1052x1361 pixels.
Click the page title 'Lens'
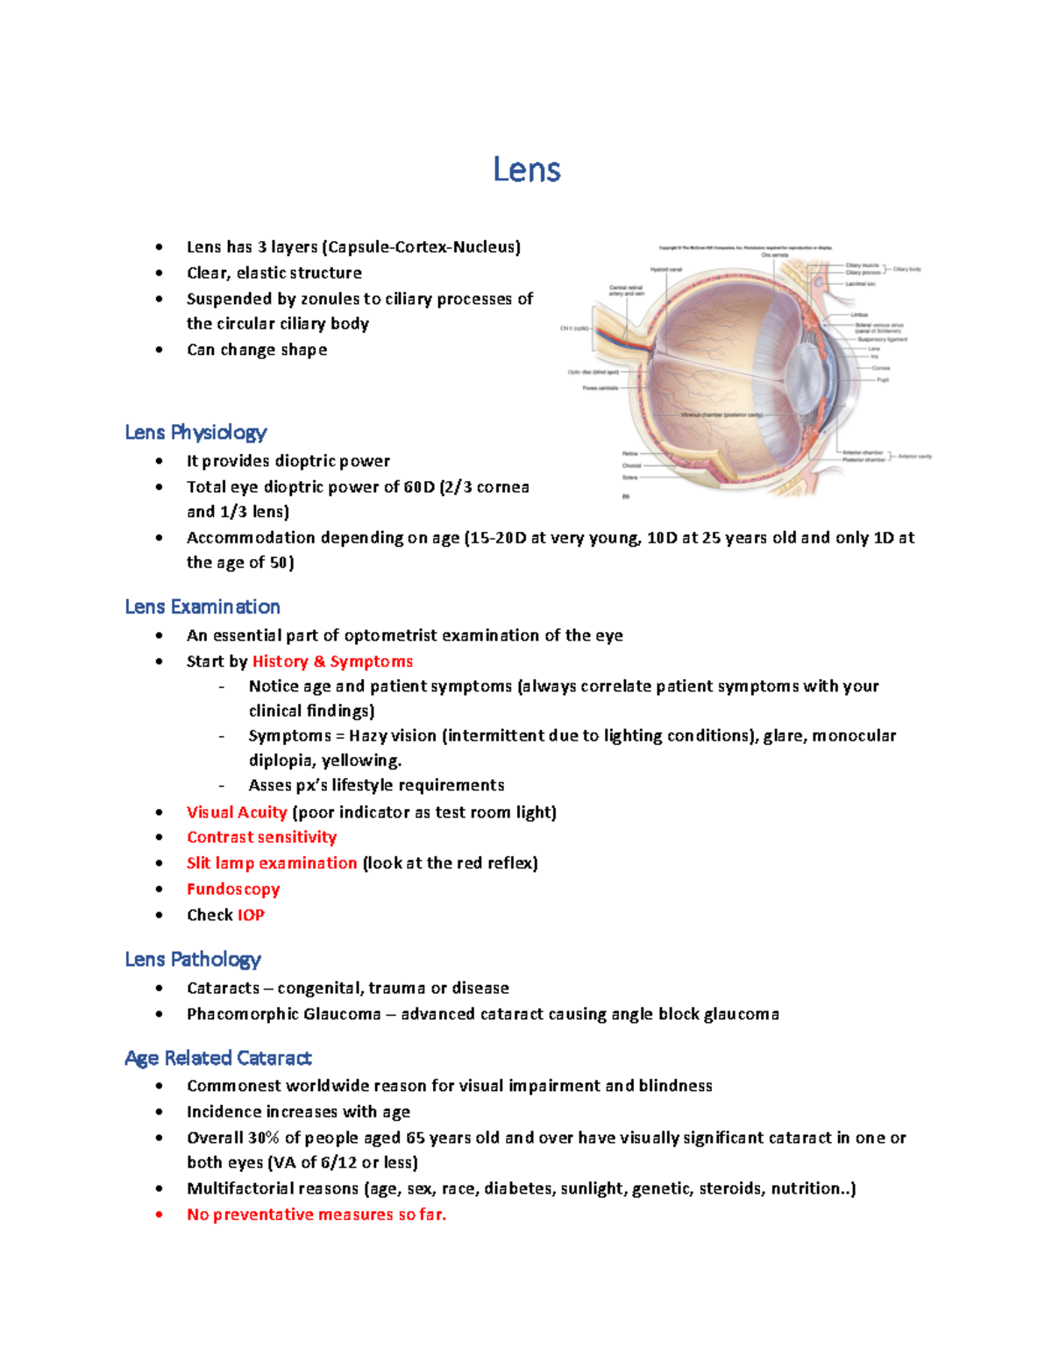[x=526, y=169]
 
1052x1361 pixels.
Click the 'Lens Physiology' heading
[x=195, y=432]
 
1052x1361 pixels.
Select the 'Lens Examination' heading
[x=203, y=606]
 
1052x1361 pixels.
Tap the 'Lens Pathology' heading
[x=193, y=959]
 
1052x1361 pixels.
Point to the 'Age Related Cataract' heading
[x=218, y=1058]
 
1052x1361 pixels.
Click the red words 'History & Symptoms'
[x=332, y=662]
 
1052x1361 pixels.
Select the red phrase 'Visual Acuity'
[x=237, y=812]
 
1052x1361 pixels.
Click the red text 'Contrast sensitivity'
[x=261, y=837]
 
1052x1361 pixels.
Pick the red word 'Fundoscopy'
[x=233, y=889]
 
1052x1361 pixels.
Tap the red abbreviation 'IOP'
[x=251, y=915]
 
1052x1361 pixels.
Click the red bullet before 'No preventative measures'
[x=159, y=1215]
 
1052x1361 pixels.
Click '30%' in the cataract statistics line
[x=263, y=1138]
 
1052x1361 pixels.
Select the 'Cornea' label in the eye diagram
[x=880, y=368]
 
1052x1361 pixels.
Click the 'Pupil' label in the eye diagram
[x=883, y=379]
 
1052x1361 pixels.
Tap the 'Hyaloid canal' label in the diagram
[x=665, y=270]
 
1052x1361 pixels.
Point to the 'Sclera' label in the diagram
[x=629, y=478]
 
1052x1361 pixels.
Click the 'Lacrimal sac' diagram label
[x=860, y=284]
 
